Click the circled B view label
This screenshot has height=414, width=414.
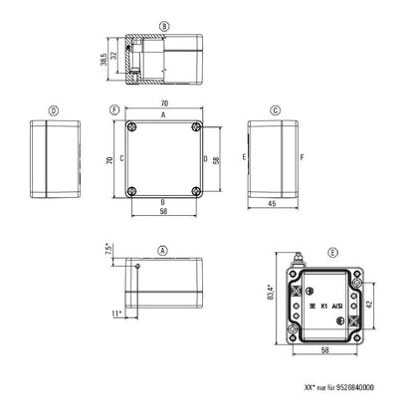165,25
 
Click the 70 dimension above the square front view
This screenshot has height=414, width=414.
165,103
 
